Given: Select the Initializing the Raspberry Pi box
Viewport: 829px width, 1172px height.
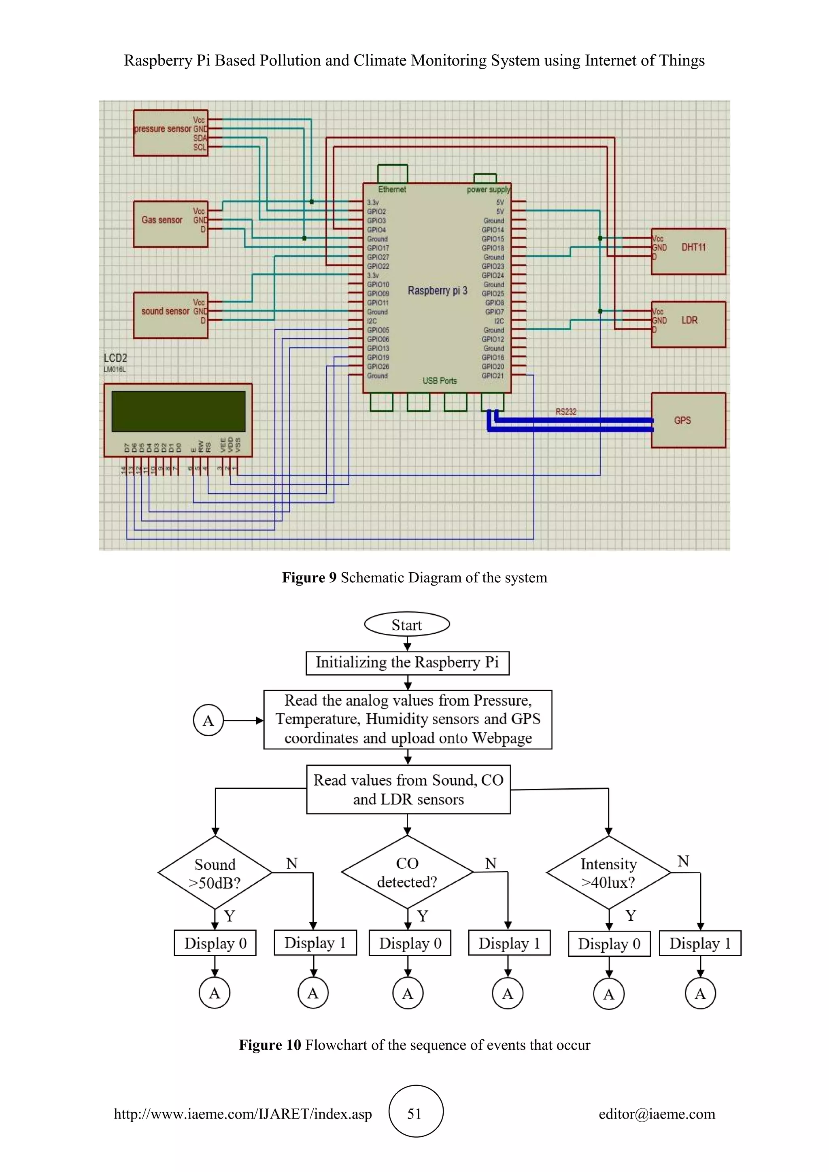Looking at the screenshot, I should tap(407, 662).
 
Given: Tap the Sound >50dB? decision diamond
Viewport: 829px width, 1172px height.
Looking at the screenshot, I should tap(215, 873).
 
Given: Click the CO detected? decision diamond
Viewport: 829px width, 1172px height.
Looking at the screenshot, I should tap(407, 872).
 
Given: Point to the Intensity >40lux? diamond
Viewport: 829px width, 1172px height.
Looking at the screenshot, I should tap(608, 873).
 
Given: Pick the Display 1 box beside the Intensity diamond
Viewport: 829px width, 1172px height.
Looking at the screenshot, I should tap(700, 943).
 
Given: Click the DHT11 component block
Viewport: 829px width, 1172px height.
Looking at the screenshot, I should tap(688, 251).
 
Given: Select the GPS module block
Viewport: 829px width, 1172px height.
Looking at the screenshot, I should tap(688, 420).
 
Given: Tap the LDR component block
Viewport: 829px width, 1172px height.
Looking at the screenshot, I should tap(688, 324).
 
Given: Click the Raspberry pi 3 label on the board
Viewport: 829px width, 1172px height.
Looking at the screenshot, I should tap(438, 291).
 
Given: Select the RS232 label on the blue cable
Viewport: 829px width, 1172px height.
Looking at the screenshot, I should tap(565, 412).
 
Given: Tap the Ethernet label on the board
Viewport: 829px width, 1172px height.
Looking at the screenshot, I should tap(392, 189).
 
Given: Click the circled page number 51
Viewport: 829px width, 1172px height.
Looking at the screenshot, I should tap(416, 1113).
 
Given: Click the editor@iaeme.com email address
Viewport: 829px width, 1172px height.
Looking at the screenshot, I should tap(657, 1114).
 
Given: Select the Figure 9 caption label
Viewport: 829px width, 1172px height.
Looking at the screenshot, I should tap(309, 578).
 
